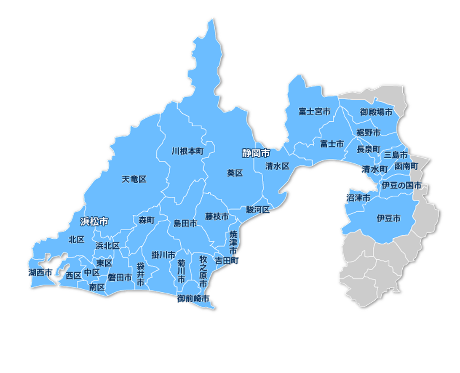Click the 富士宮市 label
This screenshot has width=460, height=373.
tap(314, 112)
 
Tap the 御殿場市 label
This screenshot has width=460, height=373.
tap(376, 112)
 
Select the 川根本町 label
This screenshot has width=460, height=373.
tap(187, 151)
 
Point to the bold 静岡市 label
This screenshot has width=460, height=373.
tap(256, 153)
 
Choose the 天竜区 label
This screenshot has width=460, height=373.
tap(134, 179)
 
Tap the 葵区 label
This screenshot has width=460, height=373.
tap(235, 173)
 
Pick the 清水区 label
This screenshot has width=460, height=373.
tap(277, 166)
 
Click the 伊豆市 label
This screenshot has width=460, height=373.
tap(388, 218)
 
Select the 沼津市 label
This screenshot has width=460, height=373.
tap(358, 197)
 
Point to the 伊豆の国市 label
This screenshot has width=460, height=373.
tap(401, 185)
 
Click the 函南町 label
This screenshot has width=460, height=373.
tap(406, 166)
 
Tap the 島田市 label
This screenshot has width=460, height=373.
tap(185, 224)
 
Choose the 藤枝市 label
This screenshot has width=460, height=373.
tap(217, 216)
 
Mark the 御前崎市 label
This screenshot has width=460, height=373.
tap(193, 298)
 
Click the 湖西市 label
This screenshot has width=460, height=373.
tap(41, 272)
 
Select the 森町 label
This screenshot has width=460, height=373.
tap(147, 220)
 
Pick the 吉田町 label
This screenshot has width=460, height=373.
tap(227, 261)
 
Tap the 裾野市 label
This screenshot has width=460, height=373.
tap(368, 133)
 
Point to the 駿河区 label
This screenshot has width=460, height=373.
tap(257, 209)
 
